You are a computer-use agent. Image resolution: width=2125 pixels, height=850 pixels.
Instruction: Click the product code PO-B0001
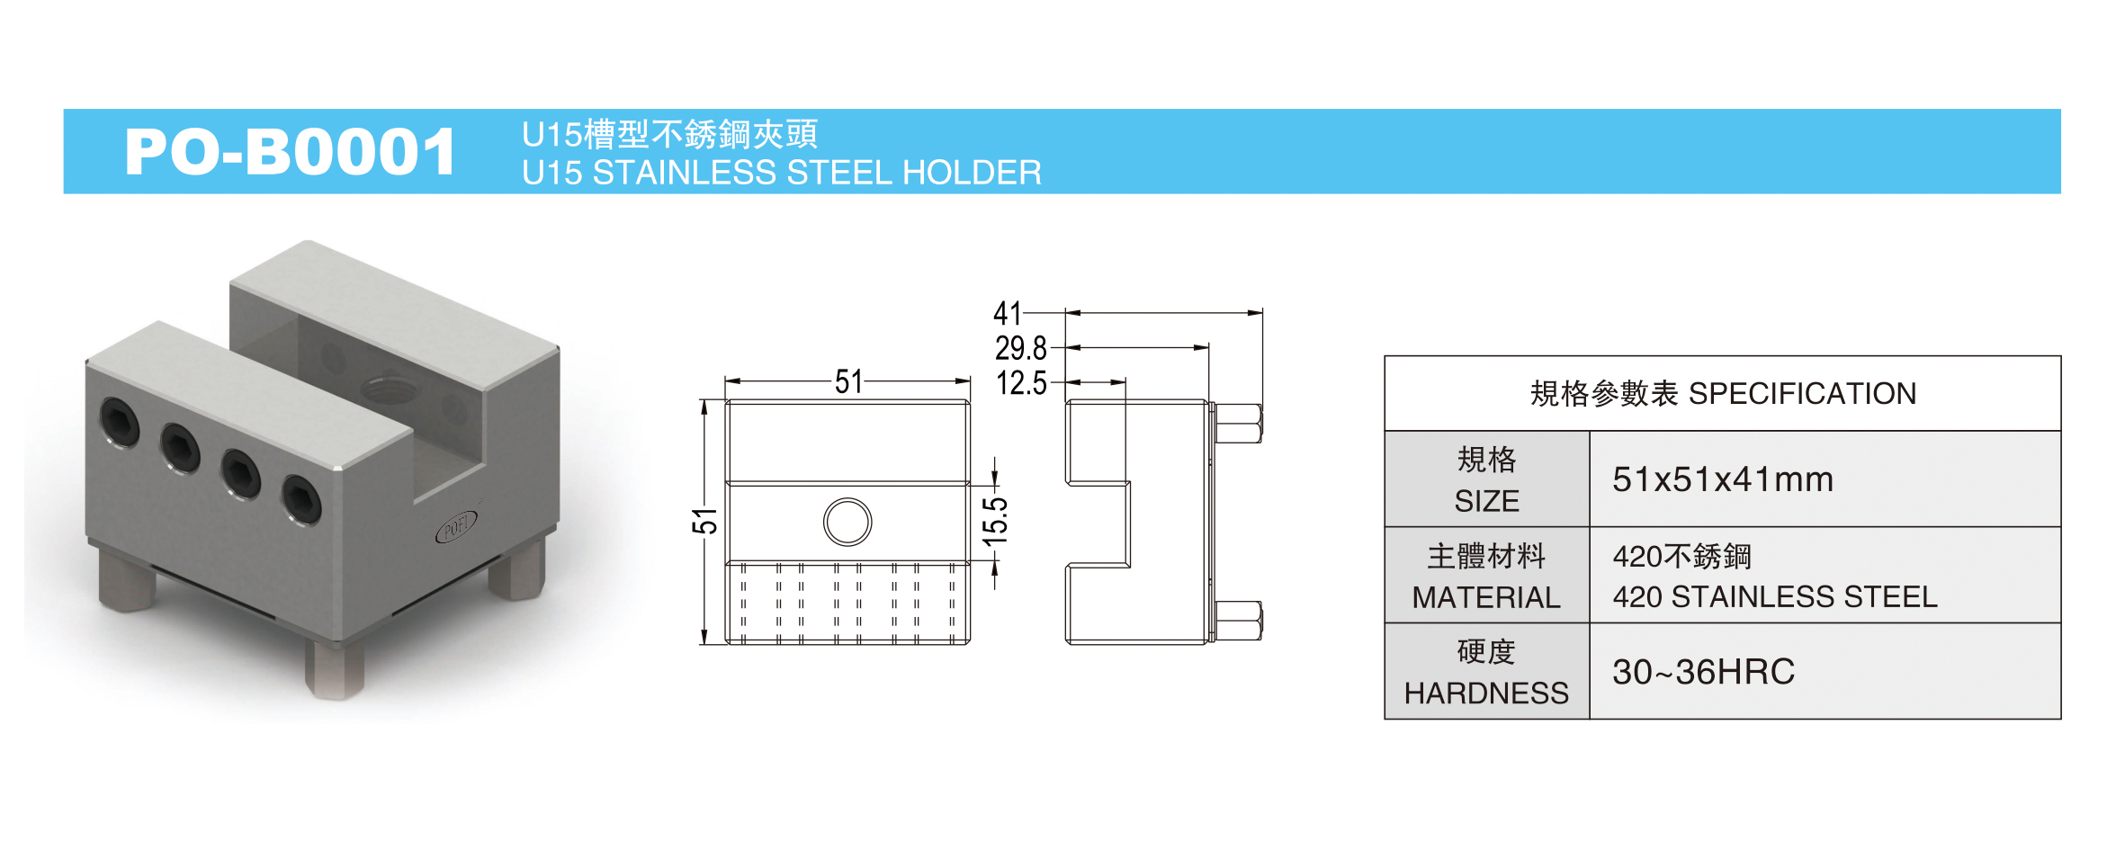click(x=291, y=151)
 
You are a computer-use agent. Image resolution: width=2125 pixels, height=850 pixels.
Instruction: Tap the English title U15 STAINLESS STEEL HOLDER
click(x=781, y=173)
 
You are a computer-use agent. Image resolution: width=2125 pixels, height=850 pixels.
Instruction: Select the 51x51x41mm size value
click(x=1722, y=479)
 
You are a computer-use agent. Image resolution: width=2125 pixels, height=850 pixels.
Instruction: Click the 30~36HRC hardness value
click(x=1703, y=672)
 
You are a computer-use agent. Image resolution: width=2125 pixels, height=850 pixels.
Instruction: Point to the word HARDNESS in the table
click(x=1486, y=693)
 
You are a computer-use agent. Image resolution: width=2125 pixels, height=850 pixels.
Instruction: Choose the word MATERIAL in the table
click(x=1486, y=597)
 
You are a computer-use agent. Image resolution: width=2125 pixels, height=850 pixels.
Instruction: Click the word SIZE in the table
click(x=1486, y=501)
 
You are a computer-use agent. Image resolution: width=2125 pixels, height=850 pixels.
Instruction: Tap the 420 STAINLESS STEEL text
click(x=1774, y=597)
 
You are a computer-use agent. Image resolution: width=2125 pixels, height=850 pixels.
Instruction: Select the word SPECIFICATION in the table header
click(x=1802, y=394)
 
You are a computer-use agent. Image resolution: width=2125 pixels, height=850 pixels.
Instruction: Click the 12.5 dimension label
click(x=1021, y=383)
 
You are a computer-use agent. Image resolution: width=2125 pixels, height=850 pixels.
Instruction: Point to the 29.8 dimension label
click(x=1021, y=348)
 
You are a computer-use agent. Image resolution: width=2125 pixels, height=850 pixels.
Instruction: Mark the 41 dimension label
click(x=1008, y=314)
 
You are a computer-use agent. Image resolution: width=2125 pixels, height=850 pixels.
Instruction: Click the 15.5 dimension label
click(x=995, y=521)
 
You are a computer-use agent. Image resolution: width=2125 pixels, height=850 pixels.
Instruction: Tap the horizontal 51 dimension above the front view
click(x=848, y=382)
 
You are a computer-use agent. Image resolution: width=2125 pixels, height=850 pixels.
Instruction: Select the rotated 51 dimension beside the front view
click(x=704, y=521)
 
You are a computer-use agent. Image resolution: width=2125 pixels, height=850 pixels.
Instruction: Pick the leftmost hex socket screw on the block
click(x=119, y=421)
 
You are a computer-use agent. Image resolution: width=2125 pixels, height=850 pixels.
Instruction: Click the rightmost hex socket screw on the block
click(x=301, y=500)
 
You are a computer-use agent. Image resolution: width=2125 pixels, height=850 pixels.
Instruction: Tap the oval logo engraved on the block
click(x=457, y=526)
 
